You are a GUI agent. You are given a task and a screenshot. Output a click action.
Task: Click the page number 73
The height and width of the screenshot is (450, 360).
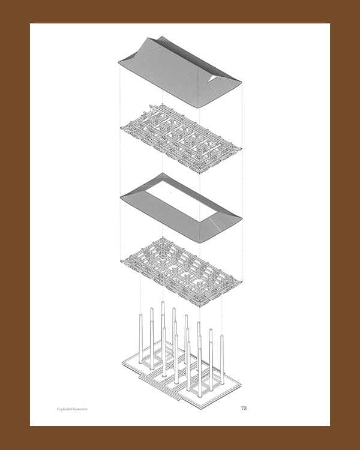point(244,408)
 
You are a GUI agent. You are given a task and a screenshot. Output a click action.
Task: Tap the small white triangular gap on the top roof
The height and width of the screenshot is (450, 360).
point(214,78)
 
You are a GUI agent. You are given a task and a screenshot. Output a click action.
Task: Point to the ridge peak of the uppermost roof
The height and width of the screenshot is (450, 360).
point(162,37)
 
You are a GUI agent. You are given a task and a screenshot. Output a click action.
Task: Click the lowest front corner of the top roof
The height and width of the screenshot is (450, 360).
point(198,108)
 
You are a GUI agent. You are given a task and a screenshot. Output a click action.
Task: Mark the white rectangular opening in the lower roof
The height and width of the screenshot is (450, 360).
point(181,199)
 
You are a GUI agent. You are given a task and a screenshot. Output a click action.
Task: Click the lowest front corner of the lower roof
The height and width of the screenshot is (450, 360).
point(199,243)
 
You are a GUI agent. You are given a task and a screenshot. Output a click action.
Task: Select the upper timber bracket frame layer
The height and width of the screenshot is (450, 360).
point(181,139)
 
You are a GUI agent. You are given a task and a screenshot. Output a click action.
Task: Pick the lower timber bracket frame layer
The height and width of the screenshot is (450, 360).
point(181,271)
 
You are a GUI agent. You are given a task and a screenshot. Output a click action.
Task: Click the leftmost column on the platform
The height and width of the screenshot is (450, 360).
point(140,338)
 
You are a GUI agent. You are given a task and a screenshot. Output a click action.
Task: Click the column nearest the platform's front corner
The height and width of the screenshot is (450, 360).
point(200,373)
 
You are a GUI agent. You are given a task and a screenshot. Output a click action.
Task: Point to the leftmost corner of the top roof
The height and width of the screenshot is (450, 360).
point(119,62)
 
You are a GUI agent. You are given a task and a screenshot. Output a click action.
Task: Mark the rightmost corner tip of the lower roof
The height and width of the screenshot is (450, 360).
point(242,218)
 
